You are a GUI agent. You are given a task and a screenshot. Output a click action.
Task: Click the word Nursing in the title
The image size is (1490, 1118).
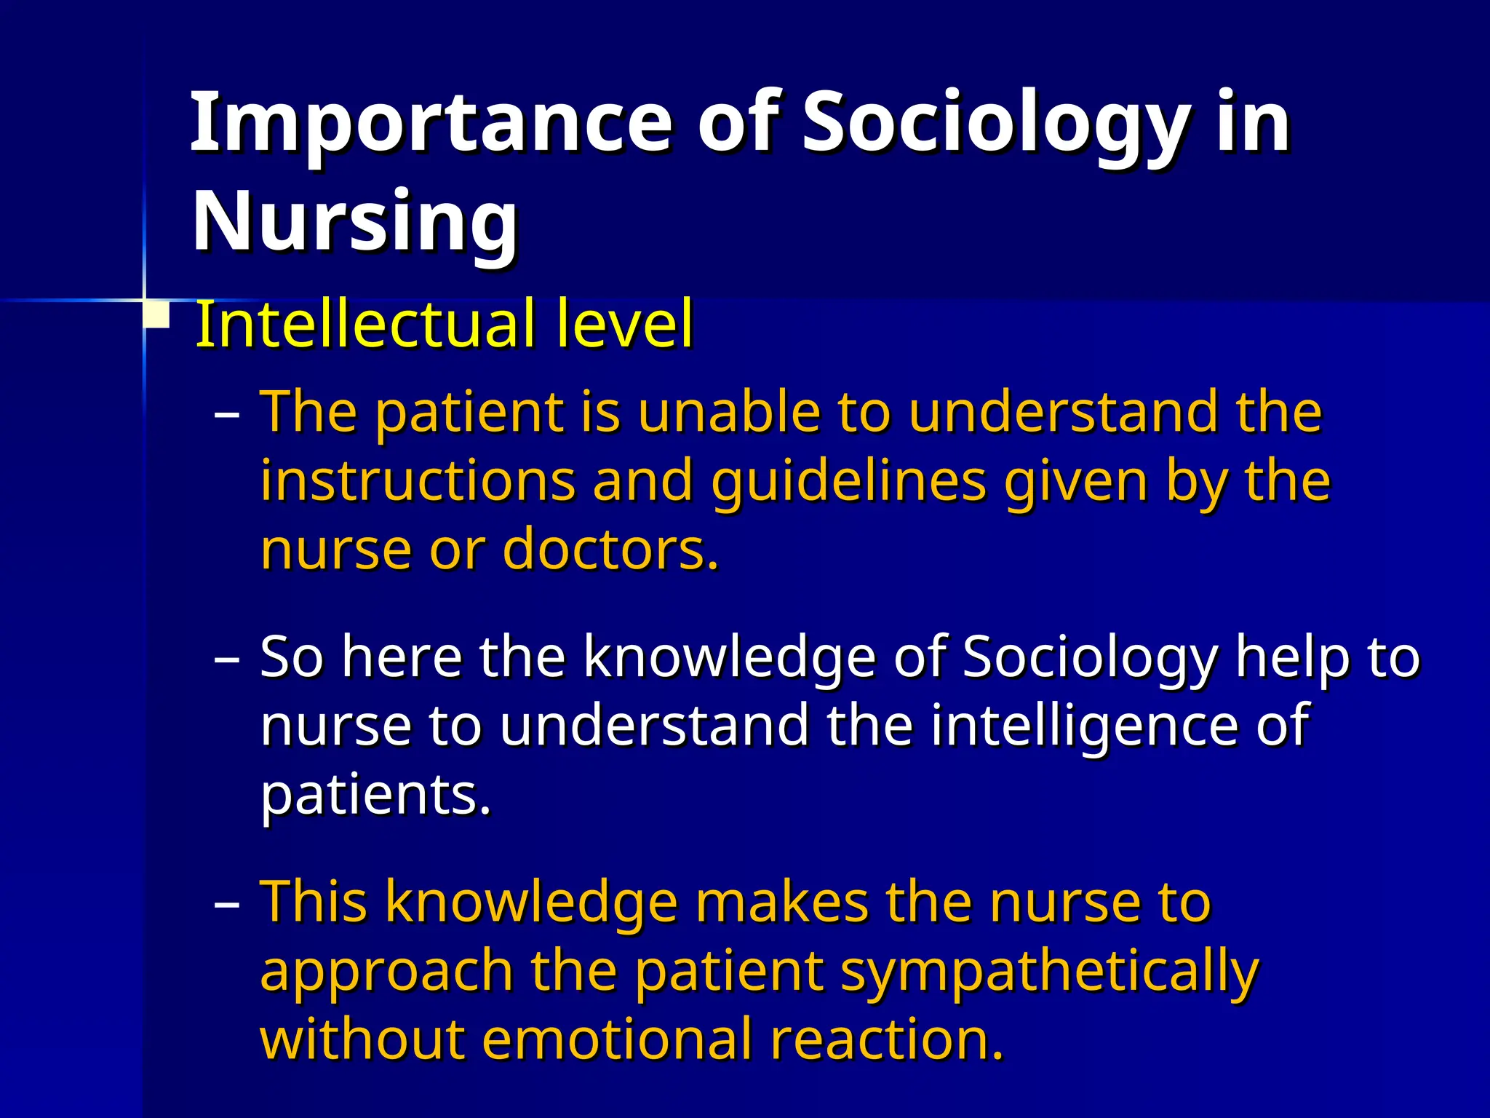(x=355, y=222)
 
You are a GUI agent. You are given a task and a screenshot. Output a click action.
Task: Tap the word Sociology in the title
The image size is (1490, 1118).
(x=997, y=124)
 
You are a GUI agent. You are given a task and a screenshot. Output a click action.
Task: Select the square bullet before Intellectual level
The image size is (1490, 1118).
(x=156, y=317)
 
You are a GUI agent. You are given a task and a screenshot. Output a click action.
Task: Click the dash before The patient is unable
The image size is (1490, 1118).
(x=227, y=415)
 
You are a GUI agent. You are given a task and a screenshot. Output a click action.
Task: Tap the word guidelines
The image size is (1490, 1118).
(x=849, y=482)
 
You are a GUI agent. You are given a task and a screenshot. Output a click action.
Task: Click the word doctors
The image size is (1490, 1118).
(x=610, y=550)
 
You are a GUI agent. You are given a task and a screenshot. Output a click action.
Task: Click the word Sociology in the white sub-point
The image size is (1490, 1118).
(x=1089, y=658)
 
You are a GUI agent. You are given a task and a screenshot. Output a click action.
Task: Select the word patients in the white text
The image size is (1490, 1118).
(x=375, y=795)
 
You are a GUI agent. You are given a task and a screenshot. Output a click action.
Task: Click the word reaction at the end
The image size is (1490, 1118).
(x=887, y=1039)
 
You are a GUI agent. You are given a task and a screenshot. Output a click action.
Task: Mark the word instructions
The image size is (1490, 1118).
(x=418, y=482)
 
